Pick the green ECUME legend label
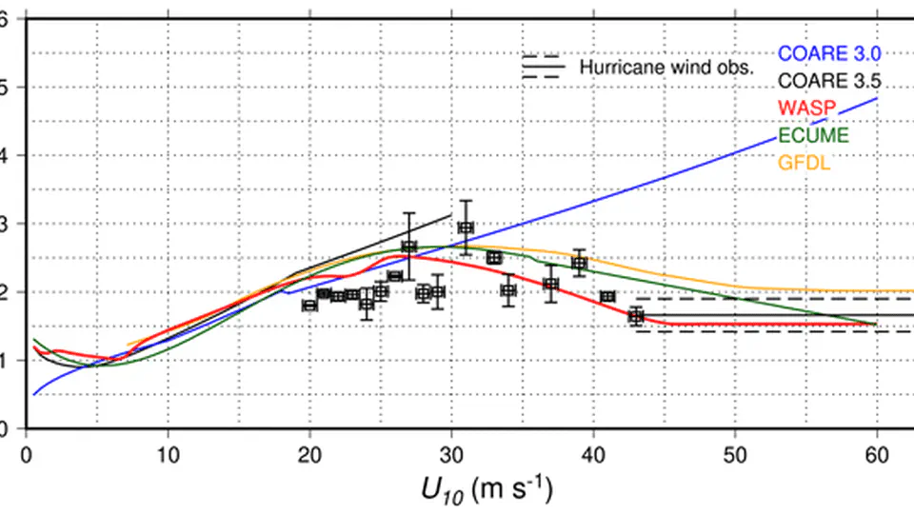pos(813,135)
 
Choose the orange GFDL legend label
pos(805,163)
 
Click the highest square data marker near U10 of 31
pos(466,227)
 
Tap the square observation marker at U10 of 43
pos(636,316)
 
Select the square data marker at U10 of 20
pos(309,305)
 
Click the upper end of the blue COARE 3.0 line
pos(877,98)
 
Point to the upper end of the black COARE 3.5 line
pos(451,214)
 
